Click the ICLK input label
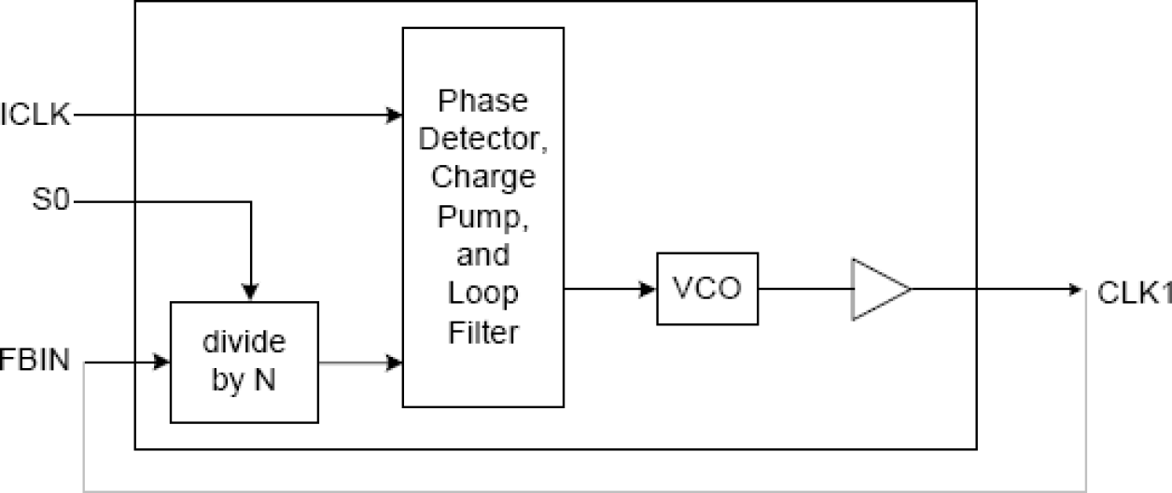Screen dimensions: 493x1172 (x=35, y=116)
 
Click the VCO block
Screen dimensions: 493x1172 (x=706, y=289)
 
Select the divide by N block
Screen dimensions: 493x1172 (x=244, y=362)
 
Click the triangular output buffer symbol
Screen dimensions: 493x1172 (x=877, y=290)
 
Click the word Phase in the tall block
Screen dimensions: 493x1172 (x=482, y=100)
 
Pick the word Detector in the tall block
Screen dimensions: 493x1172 (x=482, y=139)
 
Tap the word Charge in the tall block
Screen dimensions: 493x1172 (x=482, y=177)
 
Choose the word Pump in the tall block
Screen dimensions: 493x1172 (x=482, y=216)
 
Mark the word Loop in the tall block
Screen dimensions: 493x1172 (x=482, y=293)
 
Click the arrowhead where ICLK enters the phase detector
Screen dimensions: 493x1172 (x=395, y=116)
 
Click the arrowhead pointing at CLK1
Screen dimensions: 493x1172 (x=1073, y=290)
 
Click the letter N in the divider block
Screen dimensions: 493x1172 (x=265, y=381)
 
